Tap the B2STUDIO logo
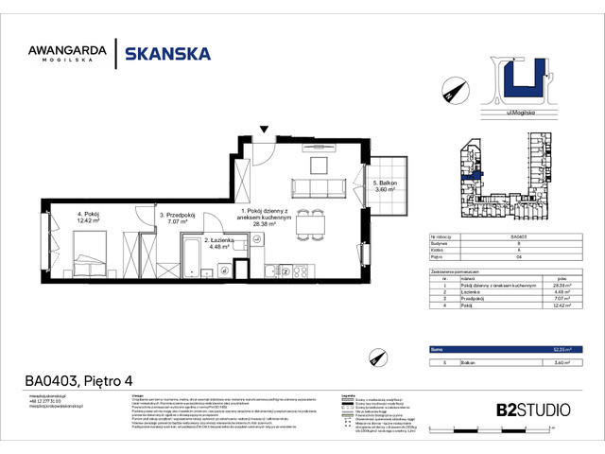(x=532, y=410)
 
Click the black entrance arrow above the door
(x=265, y=129)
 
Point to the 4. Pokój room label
(x=93, y=218)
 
